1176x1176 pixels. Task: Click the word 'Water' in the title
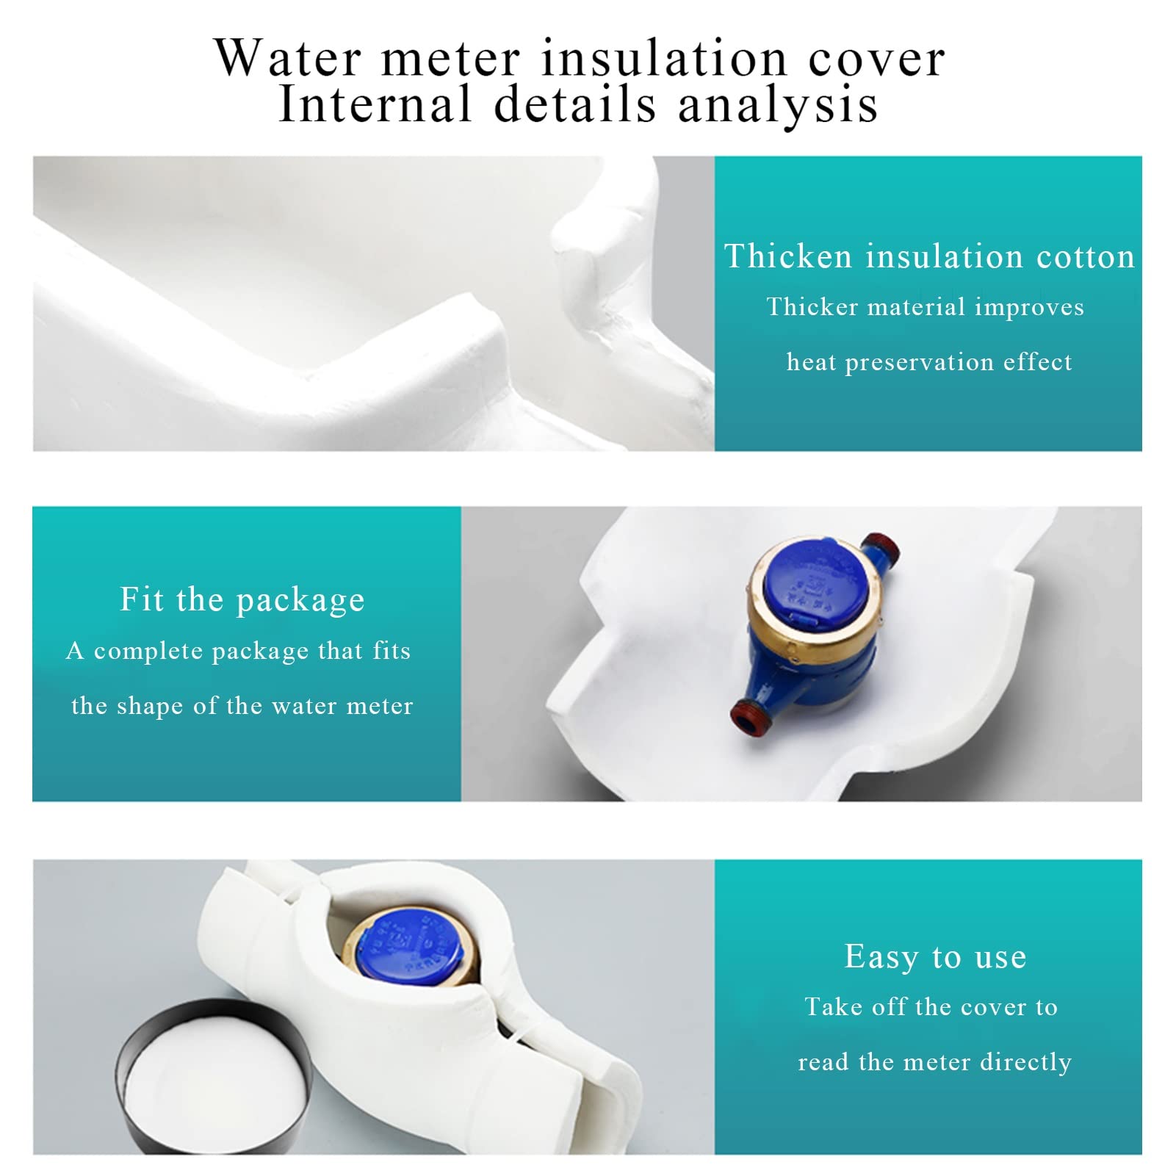pyautogui.click(x=288, y=58)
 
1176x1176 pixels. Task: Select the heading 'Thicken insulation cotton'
pyautogui.click(x=929, y=256)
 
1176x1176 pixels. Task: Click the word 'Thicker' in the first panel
pyautogui.click(x=812, y=306)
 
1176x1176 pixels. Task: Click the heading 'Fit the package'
pyautogui.click(x=242, y=599)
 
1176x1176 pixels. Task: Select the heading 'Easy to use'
pyautogui.click(x=935, y=956)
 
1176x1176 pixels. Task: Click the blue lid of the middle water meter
pyautogui.click(x=815, y=584)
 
